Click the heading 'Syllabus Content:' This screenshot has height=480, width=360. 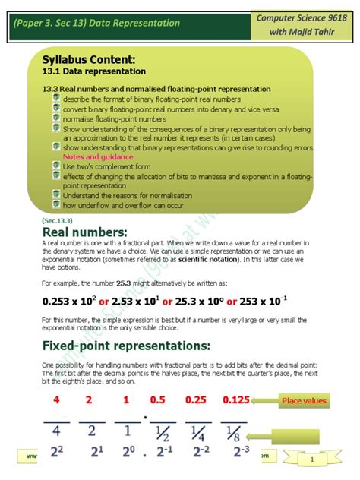coord(89,59)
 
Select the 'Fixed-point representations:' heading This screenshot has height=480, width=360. coord(126,346)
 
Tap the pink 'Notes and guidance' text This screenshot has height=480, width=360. coord(98,156)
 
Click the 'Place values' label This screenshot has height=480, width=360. coord(303,400)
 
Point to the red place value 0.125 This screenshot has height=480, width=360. coord(236,400)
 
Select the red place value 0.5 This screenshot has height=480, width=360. coord(158,400)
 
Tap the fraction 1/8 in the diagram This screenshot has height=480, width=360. coord(234,434)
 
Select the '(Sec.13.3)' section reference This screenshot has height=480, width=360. coord(58,220)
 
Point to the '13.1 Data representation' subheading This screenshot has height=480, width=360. coord(93,71)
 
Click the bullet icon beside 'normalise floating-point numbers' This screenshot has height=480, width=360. coord(57,118)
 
